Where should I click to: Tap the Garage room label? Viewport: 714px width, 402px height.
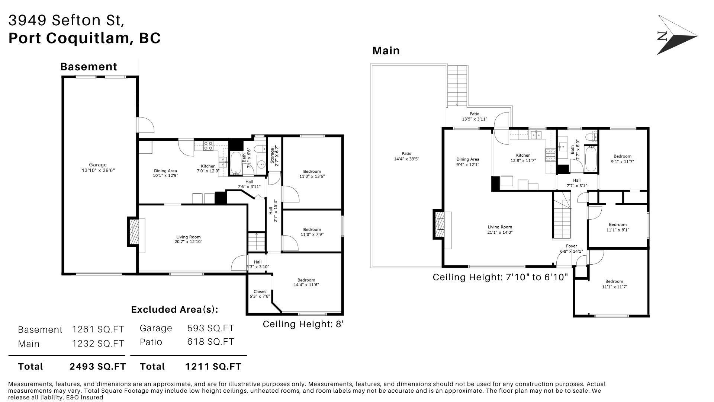pyautogui.click(x=98, y=167)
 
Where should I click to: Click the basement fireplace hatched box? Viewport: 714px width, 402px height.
pyautogui.click(x=134, y=232)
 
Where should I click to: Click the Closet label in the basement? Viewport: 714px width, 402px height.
pyautogui.click(x=260, y=294)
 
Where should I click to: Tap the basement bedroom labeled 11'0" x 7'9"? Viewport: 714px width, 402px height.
pyautogui.click(x=312, y=232)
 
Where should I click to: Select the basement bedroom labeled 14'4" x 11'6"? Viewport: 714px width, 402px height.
pyautogui.click(x=306, y=283)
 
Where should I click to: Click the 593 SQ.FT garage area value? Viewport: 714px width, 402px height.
pyautogui.click(x=210, y=328)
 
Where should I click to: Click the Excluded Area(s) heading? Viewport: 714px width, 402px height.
pyautogui.click(x=174, y=310)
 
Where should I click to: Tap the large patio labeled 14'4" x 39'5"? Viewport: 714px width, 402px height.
pyautogui.click(x=406, y=156)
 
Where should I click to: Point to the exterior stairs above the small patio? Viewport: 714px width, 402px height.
pyautogui.click(x=457, y=86)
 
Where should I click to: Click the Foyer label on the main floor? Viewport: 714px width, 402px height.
pyautogui.click(x=572, y=248)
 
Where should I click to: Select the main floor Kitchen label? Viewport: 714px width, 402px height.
pyautogui.click(x=523, y=158)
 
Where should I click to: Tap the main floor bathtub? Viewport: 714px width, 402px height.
pyautogui.click(x=591, y=159)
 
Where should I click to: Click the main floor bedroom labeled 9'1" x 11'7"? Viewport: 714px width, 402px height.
pyautogui.click(x=622, y=159)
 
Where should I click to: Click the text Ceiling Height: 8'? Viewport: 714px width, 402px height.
pyautogui.click(x=303, y=324)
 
